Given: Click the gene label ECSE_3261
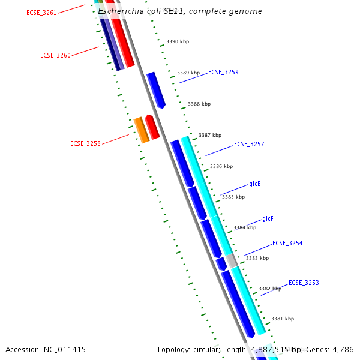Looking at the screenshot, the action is click(x=41, y=13).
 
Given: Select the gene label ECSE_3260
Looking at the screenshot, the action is click(x=55, y=55).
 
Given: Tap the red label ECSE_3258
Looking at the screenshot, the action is click(x=85, y=143).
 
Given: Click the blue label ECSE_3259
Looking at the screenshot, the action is click(x=223, y=72).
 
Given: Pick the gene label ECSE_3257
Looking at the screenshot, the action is click(x=249, y=144).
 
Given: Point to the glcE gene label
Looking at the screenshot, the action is click(x=255, y=184).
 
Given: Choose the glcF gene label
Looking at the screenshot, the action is click(x=268, y=218).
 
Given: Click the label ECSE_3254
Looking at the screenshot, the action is click(x=287, y=244).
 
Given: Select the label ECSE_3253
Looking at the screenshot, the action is click(x=304, y=283).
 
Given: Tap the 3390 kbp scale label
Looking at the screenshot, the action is click(x=178, y=42).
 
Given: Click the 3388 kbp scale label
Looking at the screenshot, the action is click(x=199, y=104).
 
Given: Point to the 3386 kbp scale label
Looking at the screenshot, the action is click(x=221, y=166).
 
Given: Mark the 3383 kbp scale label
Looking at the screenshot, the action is click(x=257, y=258).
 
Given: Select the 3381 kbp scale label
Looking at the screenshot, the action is click(x=283, y=319).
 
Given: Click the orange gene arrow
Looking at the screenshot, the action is click(x=141, y=130).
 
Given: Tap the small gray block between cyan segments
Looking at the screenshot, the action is click(x=232, y=260).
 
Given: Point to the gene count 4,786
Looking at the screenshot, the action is click(x=343, y=349).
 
